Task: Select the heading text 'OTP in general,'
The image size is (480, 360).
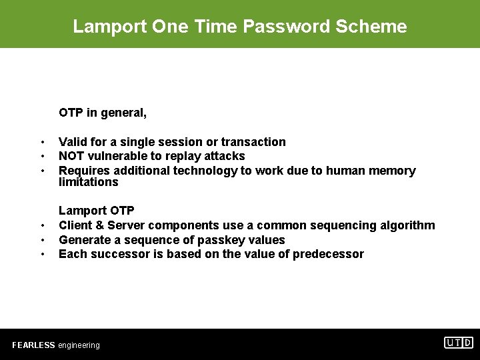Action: (103, 113)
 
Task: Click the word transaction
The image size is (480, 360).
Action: (253, 142)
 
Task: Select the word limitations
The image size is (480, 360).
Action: (88, 182)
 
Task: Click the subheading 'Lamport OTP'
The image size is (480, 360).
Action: (97, 211)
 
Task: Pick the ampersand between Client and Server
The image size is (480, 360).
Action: (97, 225)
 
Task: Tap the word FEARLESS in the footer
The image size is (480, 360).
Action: (33, 345)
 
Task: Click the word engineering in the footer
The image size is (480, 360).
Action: (79, 345)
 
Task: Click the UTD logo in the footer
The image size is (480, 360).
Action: (459, 343)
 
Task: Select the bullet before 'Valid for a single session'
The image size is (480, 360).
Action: (42, 142)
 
